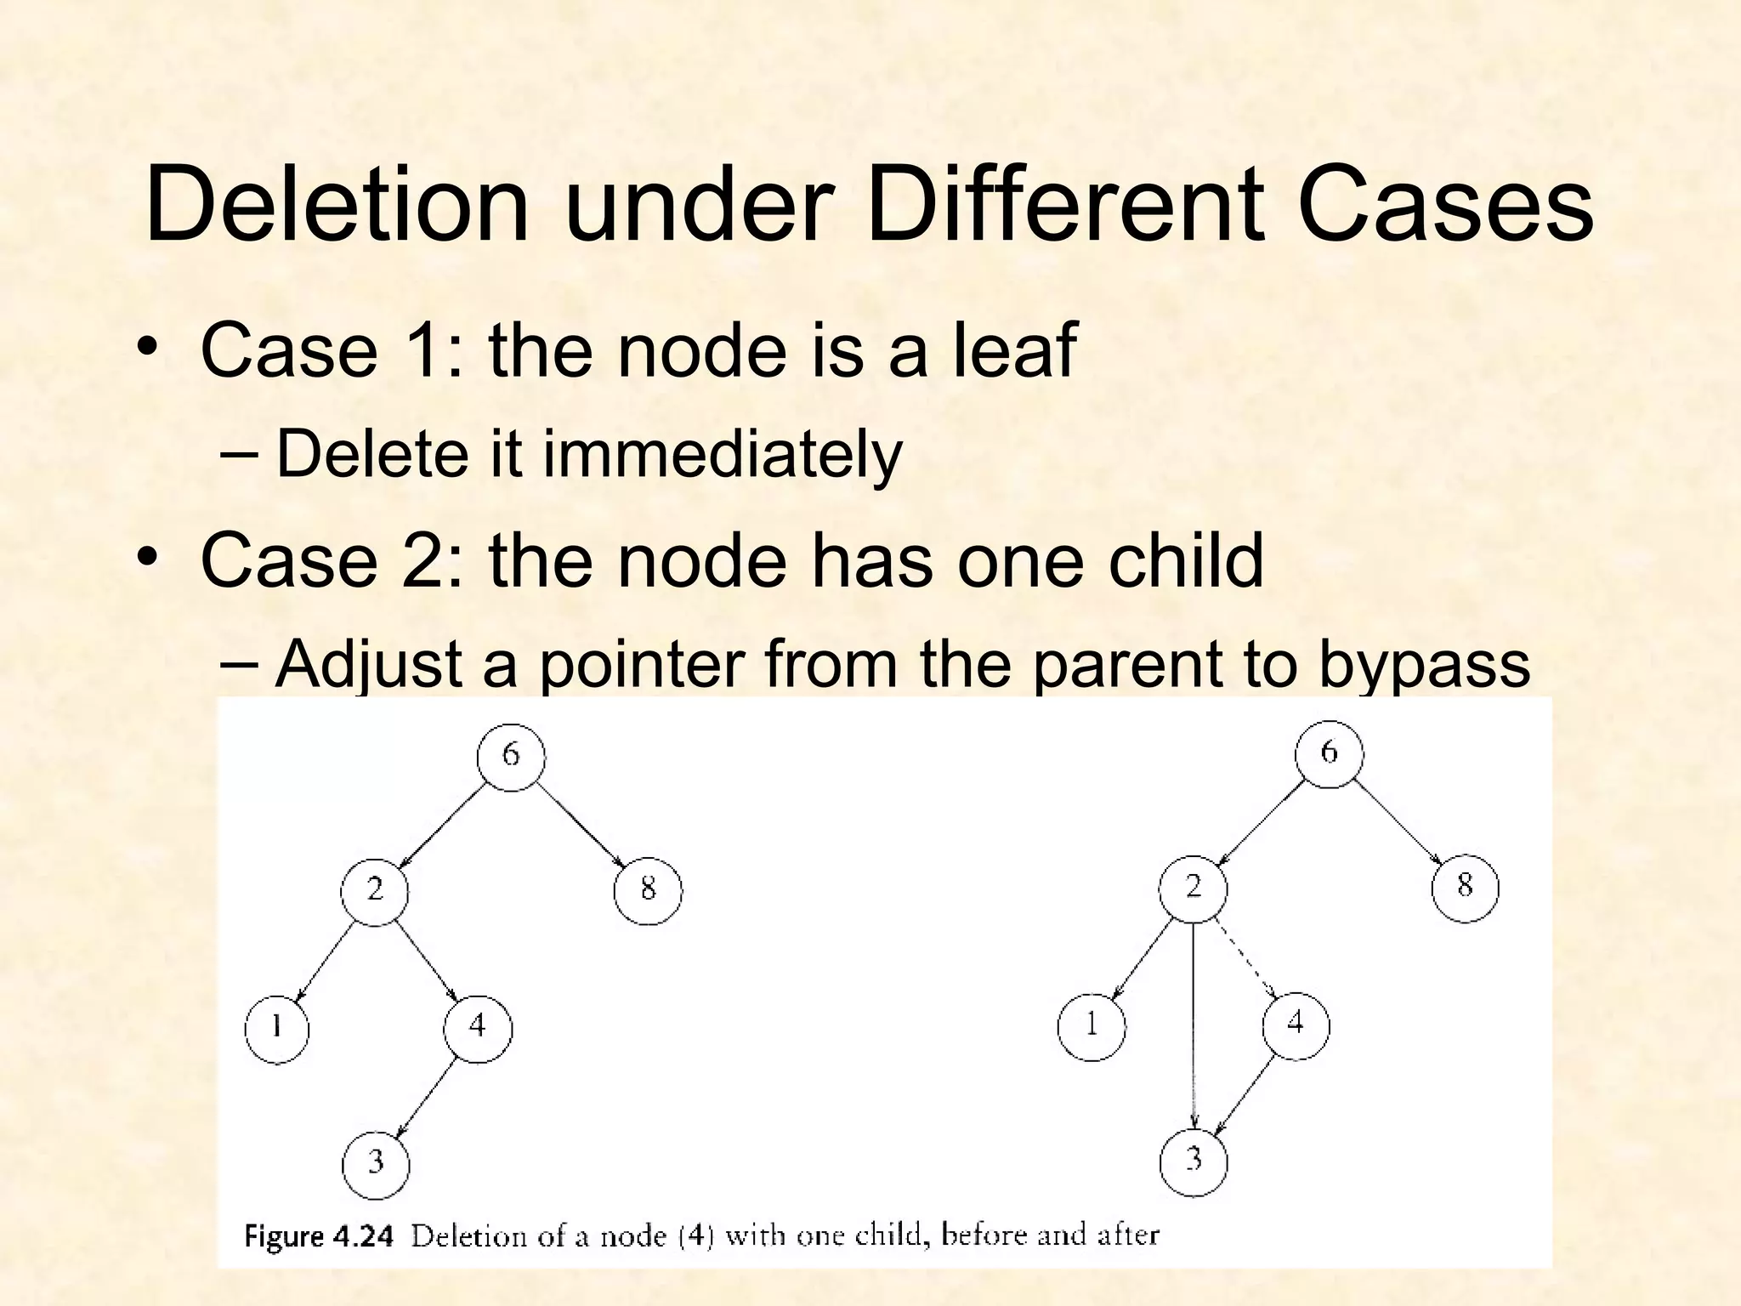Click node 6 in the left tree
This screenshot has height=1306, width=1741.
click(x=510, y=756)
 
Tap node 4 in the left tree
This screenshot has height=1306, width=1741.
click(x=477, y=1027)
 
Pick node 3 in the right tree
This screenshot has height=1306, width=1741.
click(x=1193, y=1161)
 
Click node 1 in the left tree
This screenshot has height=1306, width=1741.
click(x=276, y=1029)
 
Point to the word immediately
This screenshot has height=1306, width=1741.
click(x=722, y=454)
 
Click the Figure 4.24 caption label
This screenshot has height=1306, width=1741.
click(x=318, y=1235)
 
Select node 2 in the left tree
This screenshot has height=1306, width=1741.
click(x=374, y=891)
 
